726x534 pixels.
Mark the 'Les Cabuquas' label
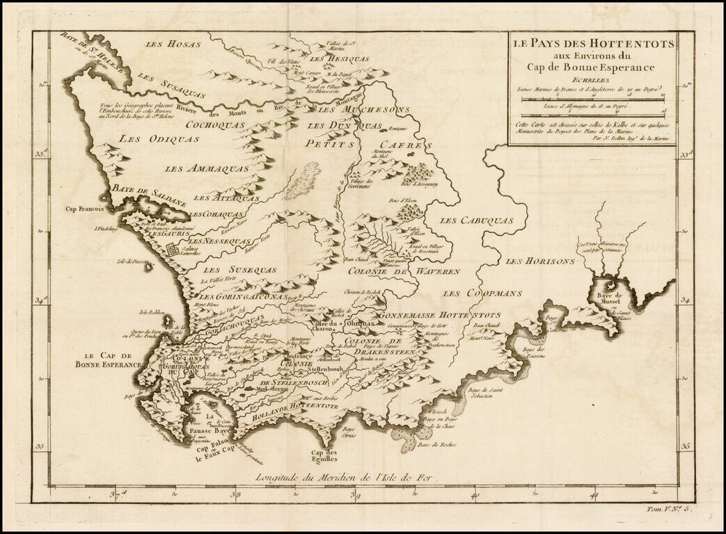pos(477,220)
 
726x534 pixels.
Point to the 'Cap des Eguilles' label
pos(324,455)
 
